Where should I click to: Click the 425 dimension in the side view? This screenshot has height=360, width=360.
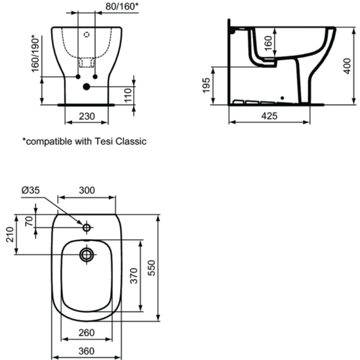(269, 116)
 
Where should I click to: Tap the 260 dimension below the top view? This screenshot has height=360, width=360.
(87, 332)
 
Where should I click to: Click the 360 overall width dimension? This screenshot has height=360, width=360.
(87, 352)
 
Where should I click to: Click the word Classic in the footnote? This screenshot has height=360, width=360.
(131, 142)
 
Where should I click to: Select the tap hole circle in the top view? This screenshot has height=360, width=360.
(86, 229)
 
